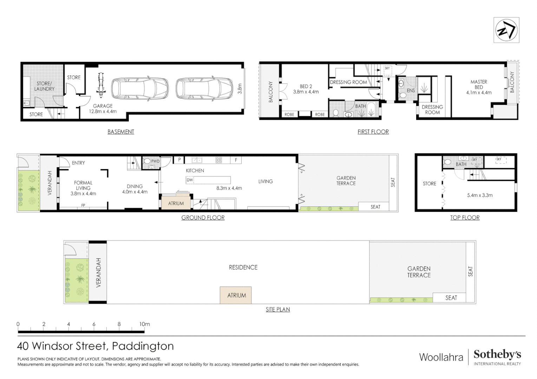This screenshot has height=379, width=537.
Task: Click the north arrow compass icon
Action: tap(506, 31)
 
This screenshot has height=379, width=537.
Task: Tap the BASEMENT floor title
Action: tap(120, 132)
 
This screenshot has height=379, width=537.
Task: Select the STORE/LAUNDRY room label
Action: tap(44, 86)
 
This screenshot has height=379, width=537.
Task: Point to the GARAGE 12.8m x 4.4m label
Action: tap(103, 108)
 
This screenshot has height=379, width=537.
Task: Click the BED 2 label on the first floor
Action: tap(306, 89)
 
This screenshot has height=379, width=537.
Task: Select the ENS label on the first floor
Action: tap(411, 91)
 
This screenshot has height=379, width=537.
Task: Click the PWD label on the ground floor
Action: tap(155, 161)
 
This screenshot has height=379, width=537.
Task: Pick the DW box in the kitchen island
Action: tap(190, 180)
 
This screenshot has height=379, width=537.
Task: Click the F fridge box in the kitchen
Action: tap(236, 160)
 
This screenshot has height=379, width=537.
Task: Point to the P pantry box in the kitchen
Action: tap(179, 160)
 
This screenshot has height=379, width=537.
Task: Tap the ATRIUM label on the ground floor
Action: tap(176, 204)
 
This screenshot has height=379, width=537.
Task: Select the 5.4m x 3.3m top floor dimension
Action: tap(479, 195)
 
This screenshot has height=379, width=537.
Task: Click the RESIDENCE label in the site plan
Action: tap(243, 267)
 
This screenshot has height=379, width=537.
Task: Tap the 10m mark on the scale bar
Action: tap(144, 324)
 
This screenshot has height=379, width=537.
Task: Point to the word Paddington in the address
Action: tap(143, 346)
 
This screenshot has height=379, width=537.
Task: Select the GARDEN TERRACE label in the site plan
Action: tap(419, 272)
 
